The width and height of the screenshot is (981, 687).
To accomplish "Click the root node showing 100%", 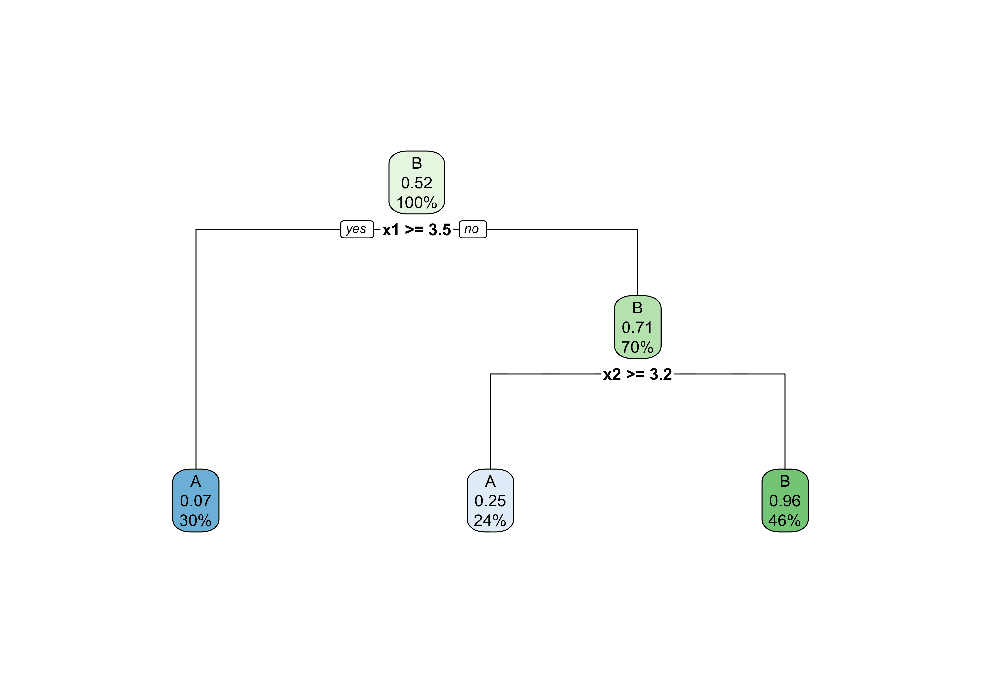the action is (x=417, y=183).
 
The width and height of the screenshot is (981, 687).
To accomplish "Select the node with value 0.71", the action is (x=637, y=327).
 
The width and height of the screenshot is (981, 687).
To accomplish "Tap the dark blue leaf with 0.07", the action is (x=196, y=500).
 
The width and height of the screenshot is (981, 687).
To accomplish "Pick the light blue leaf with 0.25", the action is (x=490, y=500).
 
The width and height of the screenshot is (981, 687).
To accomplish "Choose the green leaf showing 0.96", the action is (x=785, y=500).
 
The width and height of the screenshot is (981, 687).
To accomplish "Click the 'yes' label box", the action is (x=357, y=229).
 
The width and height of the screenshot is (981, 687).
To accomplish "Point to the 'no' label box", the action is (x=473, y=229).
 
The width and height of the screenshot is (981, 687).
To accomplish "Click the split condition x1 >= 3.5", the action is (x=417, y=230).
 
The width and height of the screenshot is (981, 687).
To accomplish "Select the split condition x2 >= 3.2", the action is (x=637, y=374).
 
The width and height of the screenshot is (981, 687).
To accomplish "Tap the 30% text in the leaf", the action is (x=196, y=520).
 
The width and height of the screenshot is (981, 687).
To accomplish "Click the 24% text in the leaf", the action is (x=490, y=520).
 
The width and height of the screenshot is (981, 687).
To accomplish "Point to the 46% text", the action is (x=785, y=520).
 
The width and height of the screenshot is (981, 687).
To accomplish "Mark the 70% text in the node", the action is (x=637, y=347).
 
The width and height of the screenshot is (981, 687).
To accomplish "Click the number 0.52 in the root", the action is (x=417, y=183).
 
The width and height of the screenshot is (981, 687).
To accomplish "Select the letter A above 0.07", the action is (x=196, y=481).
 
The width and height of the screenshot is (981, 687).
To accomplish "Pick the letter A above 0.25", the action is (x=490, y=481).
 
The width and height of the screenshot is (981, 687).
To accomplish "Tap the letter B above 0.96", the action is (x=785, y=481).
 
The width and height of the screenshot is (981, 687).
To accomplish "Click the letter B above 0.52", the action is (x=417, y=163).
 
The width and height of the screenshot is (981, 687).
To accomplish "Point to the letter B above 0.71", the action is (x=637, y=308).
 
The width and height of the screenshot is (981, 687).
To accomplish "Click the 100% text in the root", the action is (x=417, y=203).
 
